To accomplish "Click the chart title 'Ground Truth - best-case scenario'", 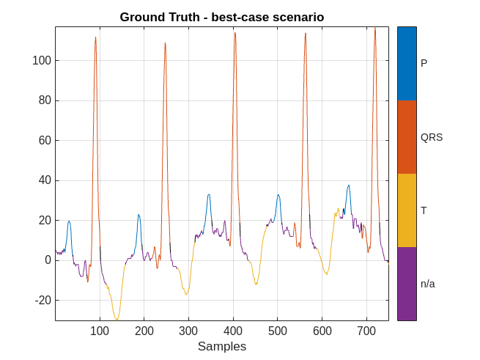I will (x=221, y=17).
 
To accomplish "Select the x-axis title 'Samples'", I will (x=221, y=346).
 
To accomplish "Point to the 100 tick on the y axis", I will (x=41, y=60).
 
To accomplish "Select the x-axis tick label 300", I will (x=188, y=331).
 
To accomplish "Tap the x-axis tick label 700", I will (x=366, y=331).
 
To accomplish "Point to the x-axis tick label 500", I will (x=277, y=331).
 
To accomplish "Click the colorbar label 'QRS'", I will (x=432, y=137).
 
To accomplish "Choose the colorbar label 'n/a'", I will (x=428, y=284).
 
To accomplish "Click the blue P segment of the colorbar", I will (x=407, y=64).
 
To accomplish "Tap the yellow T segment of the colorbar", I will (x=407, y=210).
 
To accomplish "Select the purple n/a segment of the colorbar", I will (x=407, y=284).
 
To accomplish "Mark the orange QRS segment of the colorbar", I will (x=407, y=137).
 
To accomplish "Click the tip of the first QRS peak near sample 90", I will (x=95, y=37).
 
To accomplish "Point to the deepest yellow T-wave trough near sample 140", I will (x=117, y=320).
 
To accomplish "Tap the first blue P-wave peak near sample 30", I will (x=69, y=221).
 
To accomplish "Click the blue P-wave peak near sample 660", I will (x=349, y=185).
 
